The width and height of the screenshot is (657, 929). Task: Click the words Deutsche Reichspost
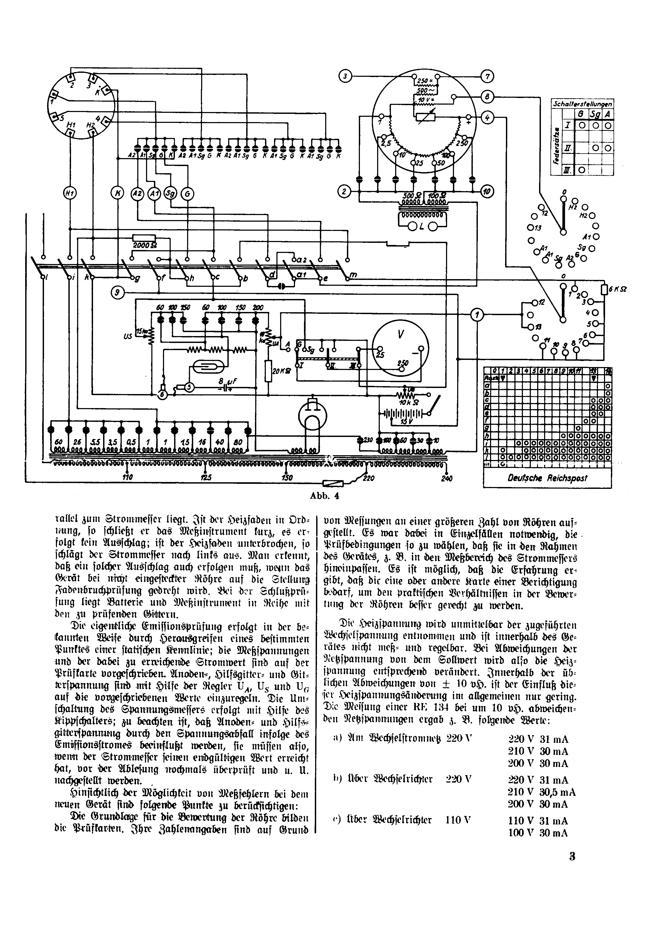[x=547, y=478]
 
